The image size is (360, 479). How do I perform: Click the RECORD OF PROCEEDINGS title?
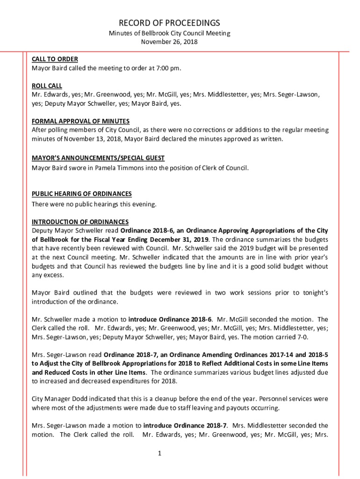coord(169,23)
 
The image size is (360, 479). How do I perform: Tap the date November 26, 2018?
coord(169,42)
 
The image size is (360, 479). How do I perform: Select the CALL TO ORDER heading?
coord(55,59)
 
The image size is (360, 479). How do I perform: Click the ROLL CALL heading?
coord(47,86)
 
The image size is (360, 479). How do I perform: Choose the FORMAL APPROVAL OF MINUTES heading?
coord(80,121)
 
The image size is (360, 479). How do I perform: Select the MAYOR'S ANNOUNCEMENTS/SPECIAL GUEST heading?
coord(98,158)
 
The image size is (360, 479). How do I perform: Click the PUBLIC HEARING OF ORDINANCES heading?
coord(81,194)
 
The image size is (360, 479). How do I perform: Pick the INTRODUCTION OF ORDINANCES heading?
coord(80,221)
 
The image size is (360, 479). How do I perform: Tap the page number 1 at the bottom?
coord(159,453)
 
